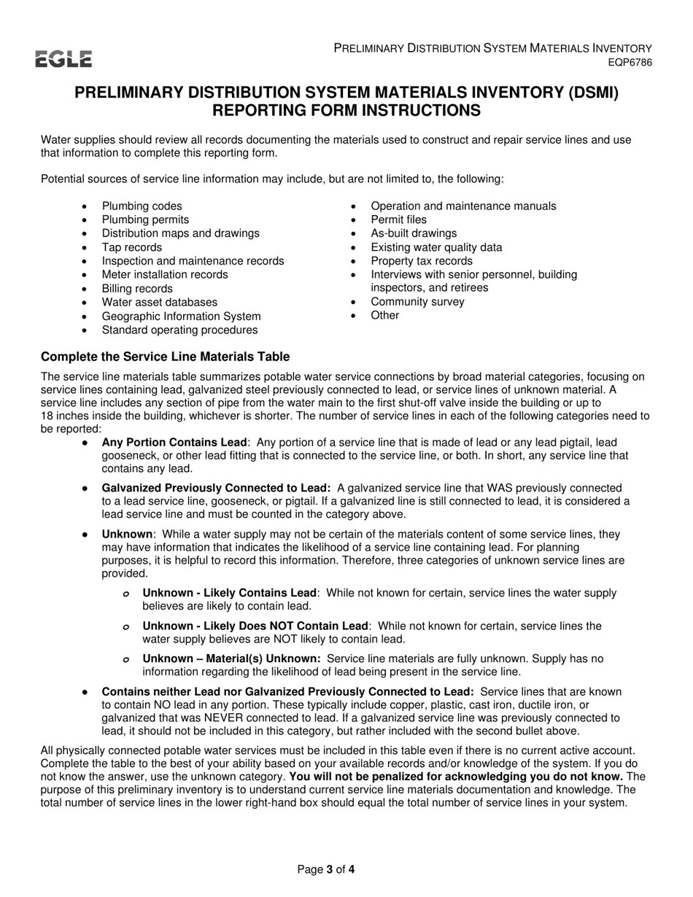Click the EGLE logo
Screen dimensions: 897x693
(63, 59)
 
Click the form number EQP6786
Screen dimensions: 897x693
(630, 63)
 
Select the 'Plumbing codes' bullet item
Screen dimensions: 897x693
(142, 206)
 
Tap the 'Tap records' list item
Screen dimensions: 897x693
(132, 247)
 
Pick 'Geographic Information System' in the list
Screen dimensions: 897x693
(181, 316)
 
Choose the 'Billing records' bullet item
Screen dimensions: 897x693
(137, 289)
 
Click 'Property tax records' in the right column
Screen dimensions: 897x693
(421, 261)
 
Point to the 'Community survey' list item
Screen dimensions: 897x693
(417, 302)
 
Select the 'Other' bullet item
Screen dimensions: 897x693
(384, 315)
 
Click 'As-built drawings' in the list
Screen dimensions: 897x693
(414, 233)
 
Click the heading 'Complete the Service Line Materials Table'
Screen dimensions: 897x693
(165, 357)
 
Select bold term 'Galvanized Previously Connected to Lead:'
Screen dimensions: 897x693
(216, 488)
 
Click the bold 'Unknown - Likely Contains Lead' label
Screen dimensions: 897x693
(230, 593)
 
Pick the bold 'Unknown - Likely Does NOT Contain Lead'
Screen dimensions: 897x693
(255, 626)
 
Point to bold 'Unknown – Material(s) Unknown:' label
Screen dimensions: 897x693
(231, 659)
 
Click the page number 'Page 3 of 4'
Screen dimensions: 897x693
(326, 869)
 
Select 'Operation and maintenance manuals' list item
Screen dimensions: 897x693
(463, 206)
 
